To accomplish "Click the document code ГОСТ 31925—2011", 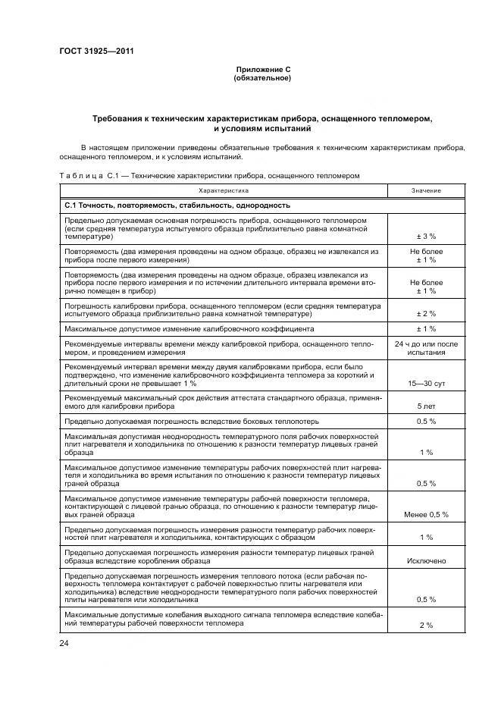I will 91,51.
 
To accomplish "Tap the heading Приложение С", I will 262,69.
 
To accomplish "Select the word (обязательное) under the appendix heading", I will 262,77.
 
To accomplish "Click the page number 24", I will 64,643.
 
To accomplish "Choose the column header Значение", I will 425,190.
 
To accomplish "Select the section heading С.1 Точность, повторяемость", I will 177,205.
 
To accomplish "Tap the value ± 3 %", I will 425,237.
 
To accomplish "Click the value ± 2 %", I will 425,313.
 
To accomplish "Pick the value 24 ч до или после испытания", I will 425,348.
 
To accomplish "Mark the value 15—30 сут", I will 425,384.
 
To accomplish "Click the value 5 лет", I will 425,406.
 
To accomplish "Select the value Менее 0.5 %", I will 425,514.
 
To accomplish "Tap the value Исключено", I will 425,560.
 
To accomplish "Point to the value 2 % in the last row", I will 425,625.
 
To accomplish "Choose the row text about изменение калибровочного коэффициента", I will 189,329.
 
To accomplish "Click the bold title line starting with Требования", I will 262,119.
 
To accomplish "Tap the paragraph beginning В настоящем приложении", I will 262,151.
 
